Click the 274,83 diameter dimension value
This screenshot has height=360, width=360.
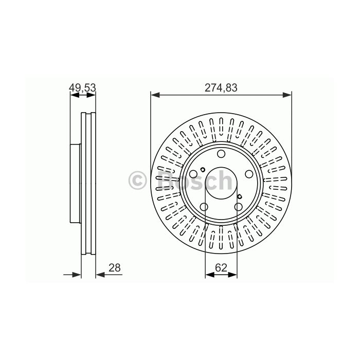click(x=221, y=88)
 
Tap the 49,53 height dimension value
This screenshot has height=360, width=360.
click(x=82, y=88)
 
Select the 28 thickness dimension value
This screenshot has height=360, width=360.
click(x=115, y=268)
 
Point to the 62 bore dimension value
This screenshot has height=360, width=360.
click(x=221, y=268)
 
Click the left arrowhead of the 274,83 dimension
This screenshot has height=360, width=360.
click(x=155, y=95)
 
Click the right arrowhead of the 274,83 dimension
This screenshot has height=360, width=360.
click(x=287, y=95)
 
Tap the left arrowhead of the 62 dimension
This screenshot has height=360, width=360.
click(x=210, y=275)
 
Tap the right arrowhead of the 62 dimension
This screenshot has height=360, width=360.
click(x=232, y=275)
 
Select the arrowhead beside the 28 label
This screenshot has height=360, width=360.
click(x=100, y=275)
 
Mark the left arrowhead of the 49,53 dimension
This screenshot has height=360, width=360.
click(x=75, y=95)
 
